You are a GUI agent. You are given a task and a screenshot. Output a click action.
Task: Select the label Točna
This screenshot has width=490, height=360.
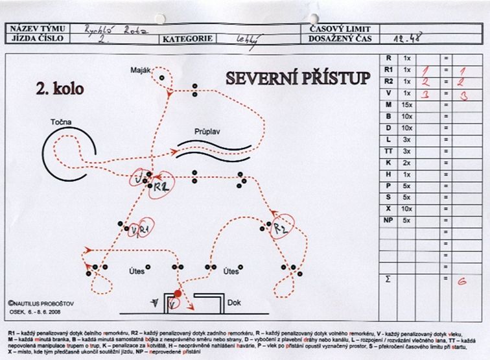[63, 122]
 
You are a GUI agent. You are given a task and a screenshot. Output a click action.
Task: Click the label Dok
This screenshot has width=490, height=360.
[235, 302]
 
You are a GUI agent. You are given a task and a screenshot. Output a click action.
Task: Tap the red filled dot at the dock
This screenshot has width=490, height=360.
[178, 293]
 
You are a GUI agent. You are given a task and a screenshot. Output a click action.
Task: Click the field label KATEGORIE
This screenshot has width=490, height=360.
[188, 38]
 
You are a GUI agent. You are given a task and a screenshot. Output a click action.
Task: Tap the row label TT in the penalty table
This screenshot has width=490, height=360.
[388, 150]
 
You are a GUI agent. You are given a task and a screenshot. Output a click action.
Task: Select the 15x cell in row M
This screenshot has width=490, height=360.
[407, 104]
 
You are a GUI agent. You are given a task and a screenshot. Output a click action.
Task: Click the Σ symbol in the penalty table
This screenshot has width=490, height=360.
[388, 279]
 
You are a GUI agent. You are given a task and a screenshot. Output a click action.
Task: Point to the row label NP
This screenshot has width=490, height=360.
[388, 220]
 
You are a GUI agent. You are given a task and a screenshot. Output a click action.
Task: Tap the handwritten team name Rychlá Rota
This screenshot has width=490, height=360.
[111, 29]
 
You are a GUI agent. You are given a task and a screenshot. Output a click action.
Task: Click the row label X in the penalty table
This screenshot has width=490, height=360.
[388, 208]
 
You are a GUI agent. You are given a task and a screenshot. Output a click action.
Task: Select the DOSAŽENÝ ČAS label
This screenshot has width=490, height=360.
[335, 38]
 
